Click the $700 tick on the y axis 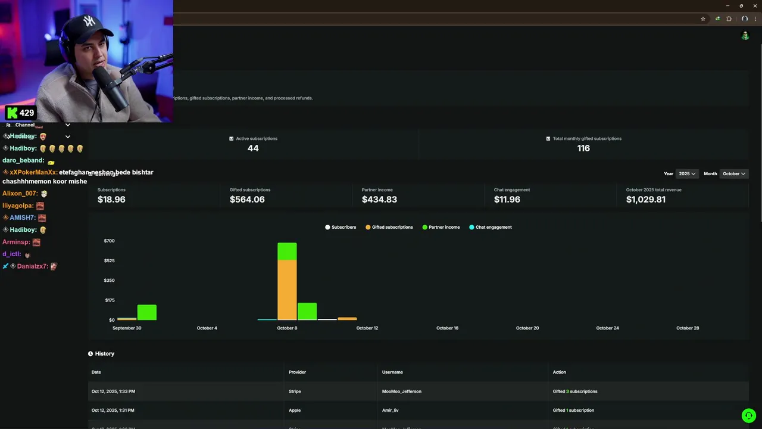pos(109,241)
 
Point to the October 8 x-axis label pos(287,328)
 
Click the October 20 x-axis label pos(527,328)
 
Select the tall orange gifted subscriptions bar pos(287,290)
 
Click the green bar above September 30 pos(147,312)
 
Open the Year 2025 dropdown pos(687,174)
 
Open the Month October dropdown pos(733,174)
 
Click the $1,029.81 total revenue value pos(645,200)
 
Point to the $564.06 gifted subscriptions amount pos(247,200)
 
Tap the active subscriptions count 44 pos(253,148)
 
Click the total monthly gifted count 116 pos(583,148)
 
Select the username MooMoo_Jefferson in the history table pos(401,391)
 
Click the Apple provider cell pos(295,411)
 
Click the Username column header pos(392,372)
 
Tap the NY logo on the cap pos(89,22)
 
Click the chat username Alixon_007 pos(20,194)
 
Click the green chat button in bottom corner pos(748,415)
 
